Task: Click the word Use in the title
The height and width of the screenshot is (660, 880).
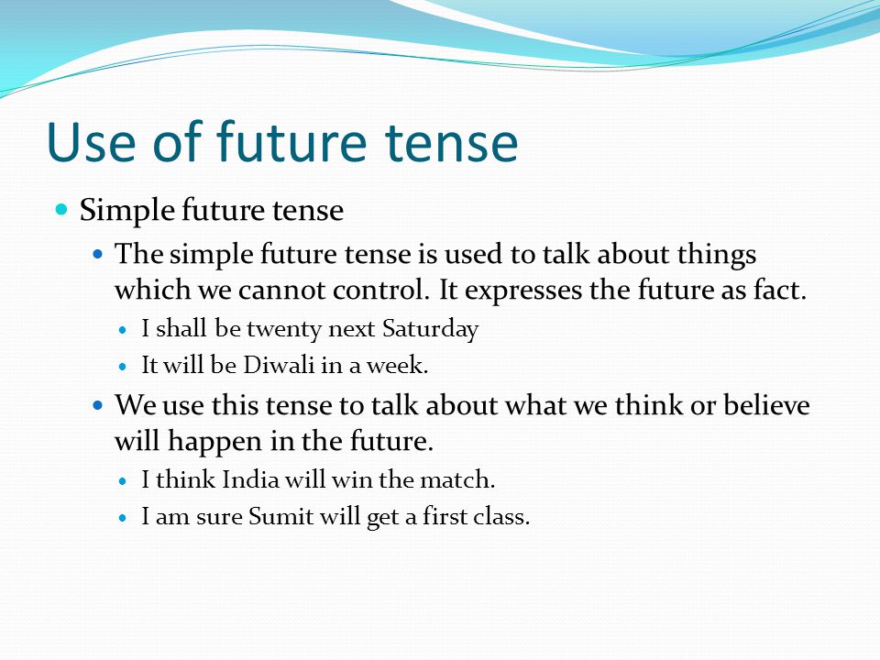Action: (x=91, y=141)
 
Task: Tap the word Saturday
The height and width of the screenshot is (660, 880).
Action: (x=430, y=329)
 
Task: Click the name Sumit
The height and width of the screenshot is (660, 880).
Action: (x=280, y=516)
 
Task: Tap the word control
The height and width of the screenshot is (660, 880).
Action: (x=381, y=291)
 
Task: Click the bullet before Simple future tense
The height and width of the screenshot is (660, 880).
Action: (x=61, y=210)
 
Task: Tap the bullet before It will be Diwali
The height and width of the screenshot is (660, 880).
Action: (x=124, y=367)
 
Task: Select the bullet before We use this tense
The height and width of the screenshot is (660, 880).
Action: (x=98, y=404)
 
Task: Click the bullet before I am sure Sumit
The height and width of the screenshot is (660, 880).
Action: (x=124, y=518)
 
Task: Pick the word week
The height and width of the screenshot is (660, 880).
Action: (x=397, y=366)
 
